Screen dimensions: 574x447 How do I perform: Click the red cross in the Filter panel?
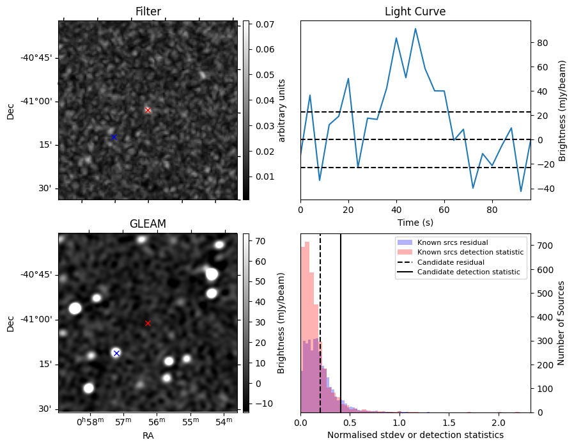[148, 110]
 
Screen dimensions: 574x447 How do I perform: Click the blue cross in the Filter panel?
[114, 137]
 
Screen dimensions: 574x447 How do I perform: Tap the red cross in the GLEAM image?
[148, 324]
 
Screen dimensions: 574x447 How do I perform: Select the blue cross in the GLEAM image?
[116, 353]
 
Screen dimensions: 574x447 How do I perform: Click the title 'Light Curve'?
[415, 12]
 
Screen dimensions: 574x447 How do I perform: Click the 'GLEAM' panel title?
[148, 224]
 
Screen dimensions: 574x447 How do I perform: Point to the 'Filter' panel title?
[148, 12]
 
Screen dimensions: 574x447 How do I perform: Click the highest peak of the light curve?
[415, 29]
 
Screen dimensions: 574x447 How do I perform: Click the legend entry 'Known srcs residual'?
[453, 242]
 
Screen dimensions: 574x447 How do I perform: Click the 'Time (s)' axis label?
[415, 223]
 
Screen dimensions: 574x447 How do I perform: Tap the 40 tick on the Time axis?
[396, 210]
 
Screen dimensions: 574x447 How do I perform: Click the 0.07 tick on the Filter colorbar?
[265, 24]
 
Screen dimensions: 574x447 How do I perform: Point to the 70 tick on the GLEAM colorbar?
[260, 241]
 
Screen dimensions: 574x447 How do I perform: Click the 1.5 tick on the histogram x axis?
[449, 423]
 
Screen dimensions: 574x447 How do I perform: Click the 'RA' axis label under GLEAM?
[148, 435]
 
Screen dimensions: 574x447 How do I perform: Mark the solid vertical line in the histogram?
[341, 324]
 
